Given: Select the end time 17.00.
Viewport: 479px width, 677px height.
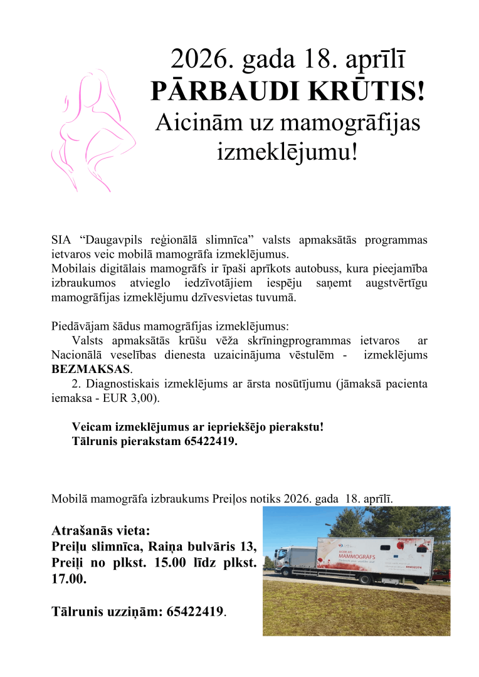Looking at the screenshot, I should (68, 580).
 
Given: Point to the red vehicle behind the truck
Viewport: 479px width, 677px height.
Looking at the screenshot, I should (442, 574).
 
